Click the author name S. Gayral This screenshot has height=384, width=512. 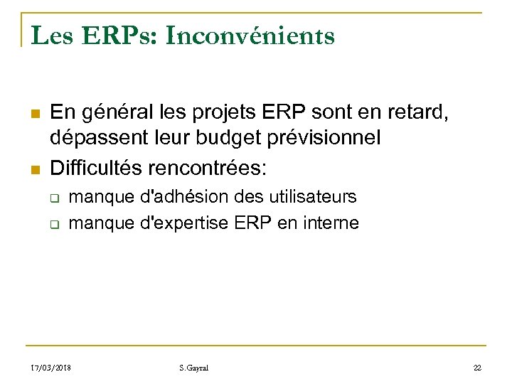[193, 367]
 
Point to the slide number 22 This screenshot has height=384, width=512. [476, 367]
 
